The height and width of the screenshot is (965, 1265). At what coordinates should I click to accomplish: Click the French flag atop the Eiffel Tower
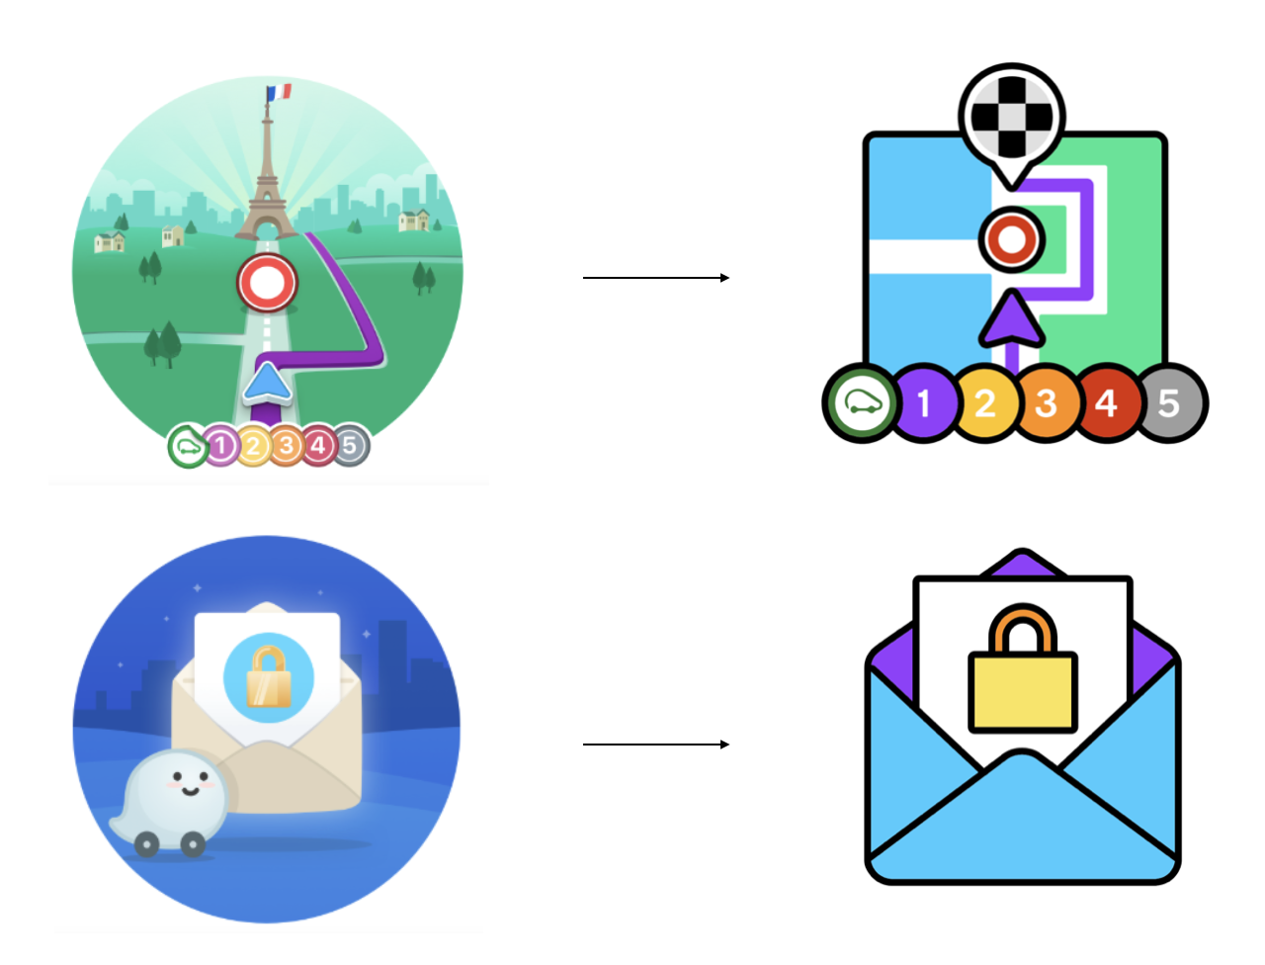(x=280, y=92)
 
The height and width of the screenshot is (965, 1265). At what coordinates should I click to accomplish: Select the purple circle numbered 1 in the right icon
(x=924, y=403)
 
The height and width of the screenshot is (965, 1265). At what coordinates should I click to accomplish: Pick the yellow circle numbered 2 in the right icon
(x=985, y=403)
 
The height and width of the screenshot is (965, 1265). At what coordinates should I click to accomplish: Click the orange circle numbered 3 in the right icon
(x=1047, y=403)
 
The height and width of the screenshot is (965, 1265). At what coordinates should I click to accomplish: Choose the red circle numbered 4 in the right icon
(x=1107, y=403)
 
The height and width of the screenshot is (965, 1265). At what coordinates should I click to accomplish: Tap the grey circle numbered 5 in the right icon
(x=1170, y=403)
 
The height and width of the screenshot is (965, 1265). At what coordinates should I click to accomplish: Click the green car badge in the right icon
(x=862, y=403)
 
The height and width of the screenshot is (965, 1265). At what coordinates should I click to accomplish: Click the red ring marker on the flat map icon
(x=1011, y=238)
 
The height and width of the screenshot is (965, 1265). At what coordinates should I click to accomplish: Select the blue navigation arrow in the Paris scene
(x=267, y=384)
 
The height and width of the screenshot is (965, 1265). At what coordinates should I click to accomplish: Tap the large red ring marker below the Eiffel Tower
(x=267, y=283)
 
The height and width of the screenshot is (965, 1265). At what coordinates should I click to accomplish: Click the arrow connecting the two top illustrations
(x=655, y=278)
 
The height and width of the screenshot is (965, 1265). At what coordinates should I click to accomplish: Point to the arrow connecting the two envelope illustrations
(x=655, y=744)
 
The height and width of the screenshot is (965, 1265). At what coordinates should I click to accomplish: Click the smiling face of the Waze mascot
(x=188, y=785)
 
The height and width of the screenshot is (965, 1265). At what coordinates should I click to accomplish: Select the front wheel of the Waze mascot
(x=193, y=843)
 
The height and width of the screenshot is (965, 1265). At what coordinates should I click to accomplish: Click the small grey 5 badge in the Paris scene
(x=350, y=446)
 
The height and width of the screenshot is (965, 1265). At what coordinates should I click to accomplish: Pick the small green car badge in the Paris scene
(x=187, y=447)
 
